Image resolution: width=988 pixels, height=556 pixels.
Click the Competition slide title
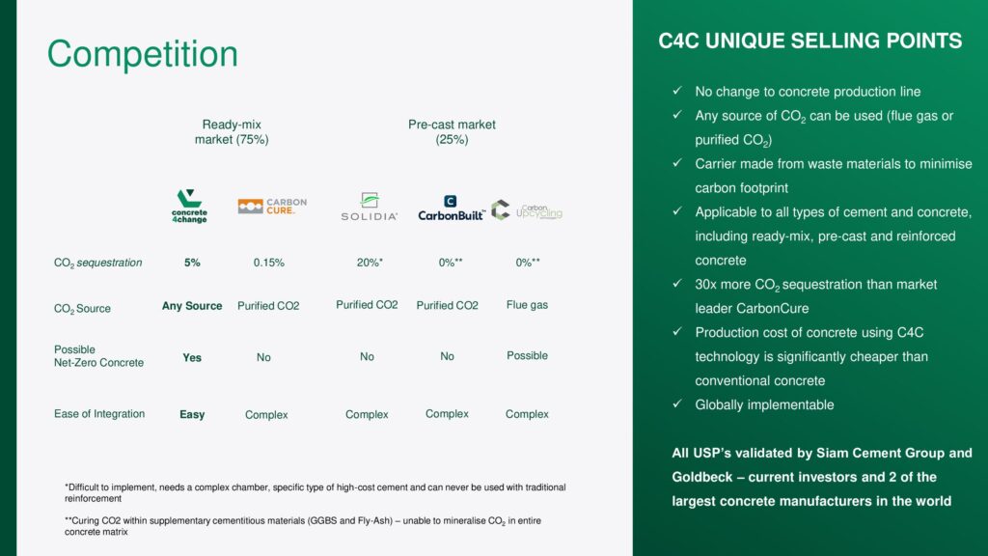pos(143,54)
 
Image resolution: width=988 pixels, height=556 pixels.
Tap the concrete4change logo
pos(189,207)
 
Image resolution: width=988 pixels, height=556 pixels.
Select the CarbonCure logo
pos(272,207)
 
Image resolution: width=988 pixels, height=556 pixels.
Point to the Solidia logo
pos(370,207)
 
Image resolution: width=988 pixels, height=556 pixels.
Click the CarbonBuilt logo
pos(452,208)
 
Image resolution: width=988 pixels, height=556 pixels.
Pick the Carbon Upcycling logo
pos(526,209)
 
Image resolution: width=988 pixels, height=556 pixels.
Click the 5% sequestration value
pos(192,263)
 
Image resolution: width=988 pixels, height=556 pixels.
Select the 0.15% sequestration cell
pos(269,263)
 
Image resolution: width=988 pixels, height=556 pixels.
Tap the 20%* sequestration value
pos(370,263)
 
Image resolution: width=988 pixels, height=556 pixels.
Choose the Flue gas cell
pos(527,305)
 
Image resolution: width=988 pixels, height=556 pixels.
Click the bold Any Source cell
pos(192,306)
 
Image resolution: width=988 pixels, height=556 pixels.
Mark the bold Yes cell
pos(192,357)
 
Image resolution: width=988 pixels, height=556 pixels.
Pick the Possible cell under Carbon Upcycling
pos(527,355)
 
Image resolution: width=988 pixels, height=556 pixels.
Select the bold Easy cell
pos(192,414)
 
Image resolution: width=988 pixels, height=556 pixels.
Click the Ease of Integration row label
pos(99,413)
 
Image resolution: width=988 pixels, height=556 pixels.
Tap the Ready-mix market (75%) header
pos(232,131)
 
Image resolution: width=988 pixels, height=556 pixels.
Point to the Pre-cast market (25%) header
pos(452,131)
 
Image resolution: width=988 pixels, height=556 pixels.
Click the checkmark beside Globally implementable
pos(677,403)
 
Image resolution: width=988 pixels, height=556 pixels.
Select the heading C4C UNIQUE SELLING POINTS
pos(810,41)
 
